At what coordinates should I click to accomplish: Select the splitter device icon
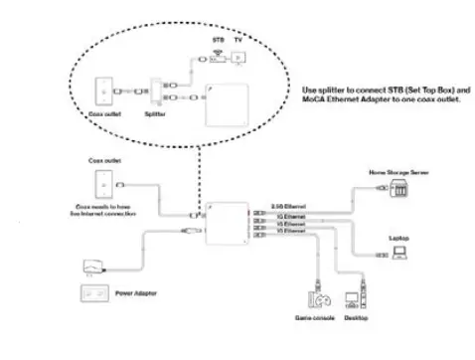159,95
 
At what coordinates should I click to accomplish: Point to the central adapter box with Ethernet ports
232,223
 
